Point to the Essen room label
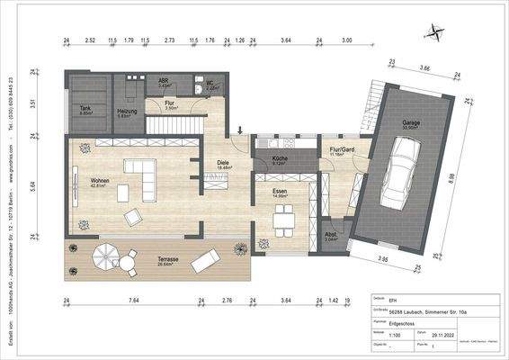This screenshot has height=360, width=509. tap(280, 193)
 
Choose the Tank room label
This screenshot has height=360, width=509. tap(86, 109)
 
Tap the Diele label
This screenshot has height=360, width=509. tap(224, 164)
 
